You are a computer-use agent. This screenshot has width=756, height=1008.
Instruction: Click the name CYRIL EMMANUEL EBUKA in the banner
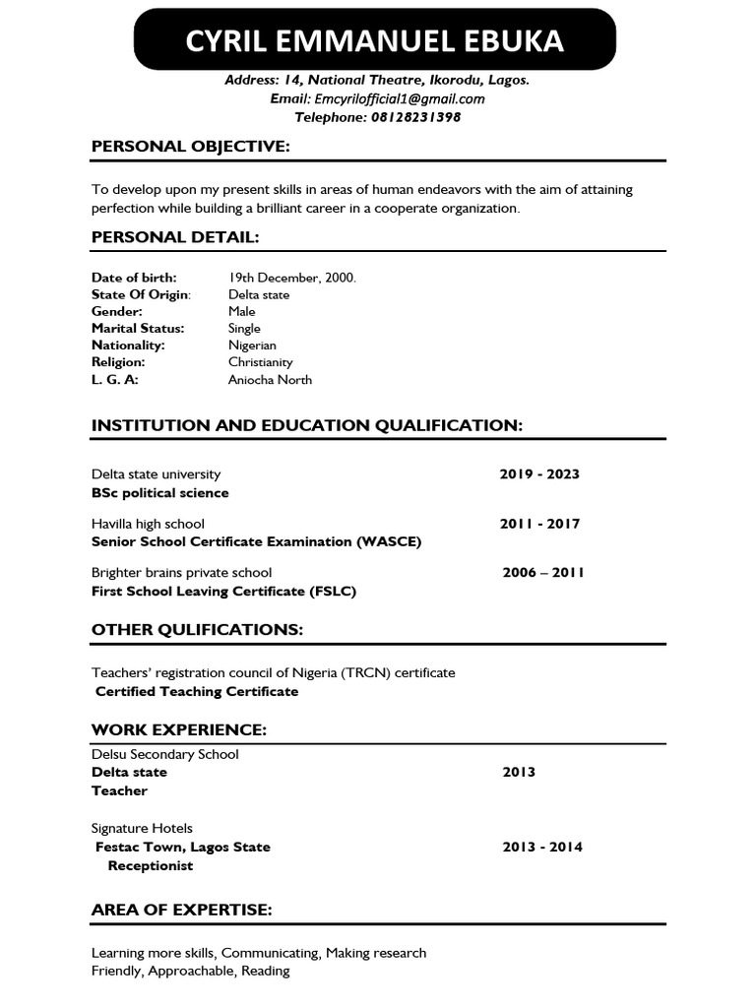(x=375, y=41)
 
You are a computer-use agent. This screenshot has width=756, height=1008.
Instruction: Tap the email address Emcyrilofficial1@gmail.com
(x=399, y=98)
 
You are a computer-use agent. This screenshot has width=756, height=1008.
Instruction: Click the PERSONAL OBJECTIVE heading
(x=191, y=147)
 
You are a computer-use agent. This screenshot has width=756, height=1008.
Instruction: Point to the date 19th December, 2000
(x=292, y=278)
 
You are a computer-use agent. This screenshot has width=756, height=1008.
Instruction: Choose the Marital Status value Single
(x=245, y=328)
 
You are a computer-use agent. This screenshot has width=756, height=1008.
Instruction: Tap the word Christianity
(x=261, y=362)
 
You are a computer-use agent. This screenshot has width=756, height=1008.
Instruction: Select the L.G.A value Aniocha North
(x=271, y=379)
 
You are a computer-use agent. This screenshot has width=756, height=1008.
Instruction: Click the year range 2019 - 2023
(x=539, y=473)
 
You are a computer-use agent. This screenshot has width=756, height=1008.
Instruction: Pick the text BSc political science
(x=160, y=492)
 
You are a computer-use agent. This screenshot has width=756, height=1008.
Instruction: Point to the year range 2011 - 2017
(x=539, y=524)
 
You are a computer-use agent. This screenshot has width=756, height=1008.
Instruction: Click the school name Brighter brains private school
(x=182, y=572)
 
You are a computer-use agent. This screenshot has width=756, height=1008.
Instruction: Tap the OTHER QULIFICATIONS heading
(x=198, y=629)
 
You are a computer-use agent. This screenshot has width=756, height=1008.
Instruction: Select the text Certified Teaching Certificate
(x=197, y=691)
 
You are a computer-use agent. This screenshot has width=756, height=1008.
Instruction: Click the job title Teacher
(x=119, y=790)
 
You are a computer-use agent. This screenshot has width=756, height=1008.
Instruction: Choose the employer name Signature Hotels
(x=142, y=828)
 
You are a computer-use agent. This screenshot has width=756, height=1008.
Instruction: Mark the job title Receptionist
(x=150, y=865)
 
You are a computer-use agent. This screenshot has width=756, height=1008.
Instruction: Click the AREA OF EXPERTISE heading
(x=182, y=910)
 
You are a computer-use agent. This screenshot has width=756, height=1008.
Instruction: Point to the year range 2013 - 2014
(x=542, y=847)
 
